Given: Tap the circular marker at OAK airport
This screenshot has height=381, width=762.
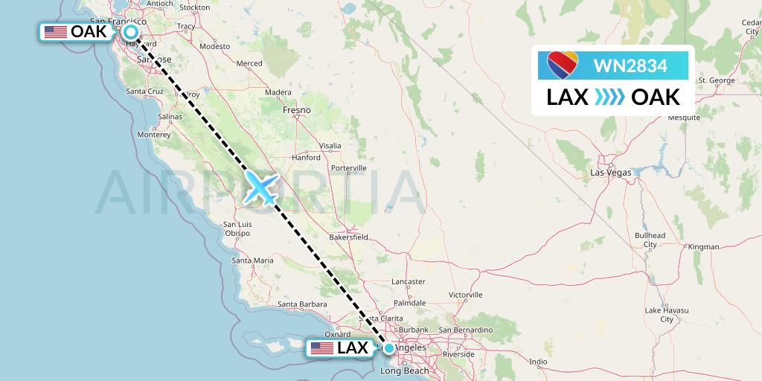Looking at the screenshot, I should tap(131, 32).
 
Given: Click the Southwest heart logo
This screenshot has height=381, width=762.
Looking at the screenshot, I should tap(563, 65).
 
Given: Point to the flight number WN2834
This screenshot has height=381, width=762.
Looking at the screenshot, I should tap(630, 66).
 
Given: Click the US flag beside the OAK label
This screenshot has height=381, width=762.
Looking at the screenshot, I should tap(55, 32).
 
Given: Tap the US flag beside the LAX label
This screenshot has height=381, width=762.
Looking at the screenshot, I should tap(321, 348).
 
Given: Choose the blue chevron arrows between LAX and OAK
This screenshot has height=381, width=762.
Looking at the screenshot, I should tap(609, 97).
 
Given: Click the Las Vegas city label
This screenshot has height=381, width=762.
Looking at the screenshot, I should tap(610, 173).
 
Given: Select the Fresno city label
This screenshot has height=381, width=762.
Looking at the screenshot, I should tap(296, 110).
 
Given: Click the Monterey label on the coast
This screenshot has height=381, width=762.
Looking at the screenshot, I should tap(154, 135).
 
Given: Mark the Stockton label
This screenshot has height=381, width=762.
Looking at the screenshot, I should tap(194, 7).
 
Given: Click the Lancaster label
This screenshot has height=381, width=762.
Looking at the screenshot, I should tap(407, 281).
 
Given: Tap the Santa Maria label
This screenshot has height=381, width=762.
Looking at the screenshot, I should tap(252, 260).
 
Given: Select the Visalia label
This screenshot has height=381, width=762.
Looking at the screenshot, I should tap(330, 145).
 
